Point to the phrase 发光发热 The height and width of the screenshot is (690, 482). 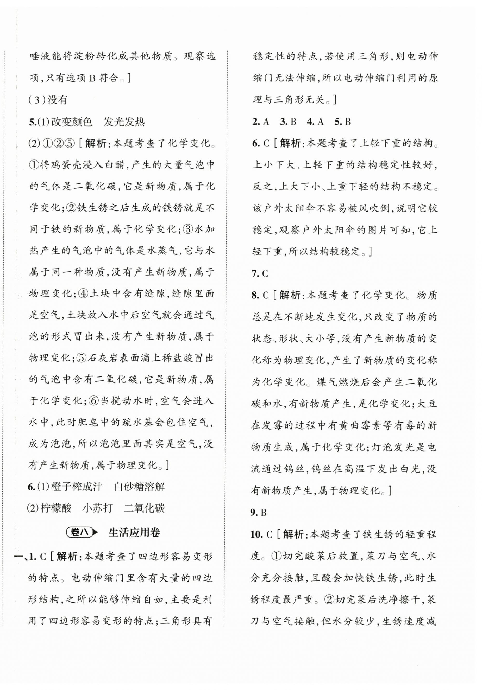pos(124,122)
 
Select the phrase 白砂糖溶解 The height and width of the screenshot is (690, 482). pos(139,487)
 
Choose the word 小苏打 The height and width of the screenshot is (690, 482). pos(97,508)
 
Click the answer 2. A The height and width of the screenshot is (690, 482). pos(261,122)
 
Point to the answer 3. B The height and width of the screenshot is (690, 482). pos(288,122)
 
